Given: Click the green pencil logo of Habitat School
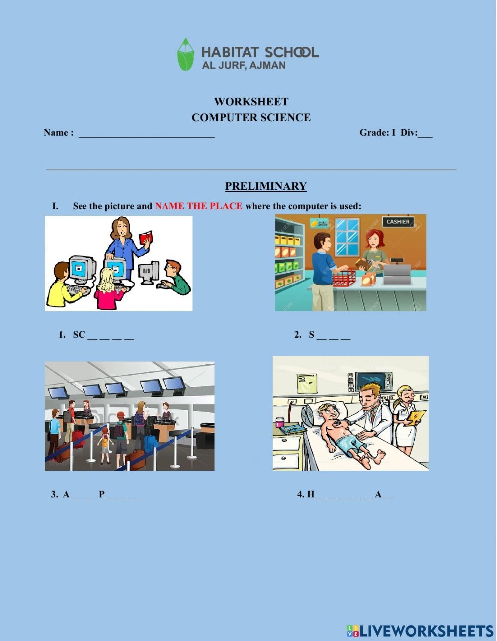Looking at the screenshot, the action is tap(186, 54).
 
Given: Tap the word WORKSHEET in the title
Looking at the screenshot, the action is tap(251, 102).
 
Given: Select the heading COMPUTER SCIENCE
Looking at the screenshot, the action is tap(251, 117).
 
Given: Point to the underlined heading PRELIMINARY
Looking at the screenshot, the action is tap(266, 186).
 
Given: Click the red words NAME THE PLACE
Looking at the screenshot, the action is tap(199, 206).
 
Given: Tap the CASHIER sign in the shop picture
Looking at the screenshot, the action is tap(398, 222).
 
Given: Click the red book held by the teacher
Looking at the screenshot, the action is tap(146, 237).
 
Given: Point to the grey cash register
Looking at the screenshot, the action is tap(397, 271).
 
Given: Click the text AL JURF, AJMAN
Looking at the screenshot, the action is tap(244, 65).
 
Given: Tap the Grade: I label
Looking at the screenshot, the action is tap(377, 132).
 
